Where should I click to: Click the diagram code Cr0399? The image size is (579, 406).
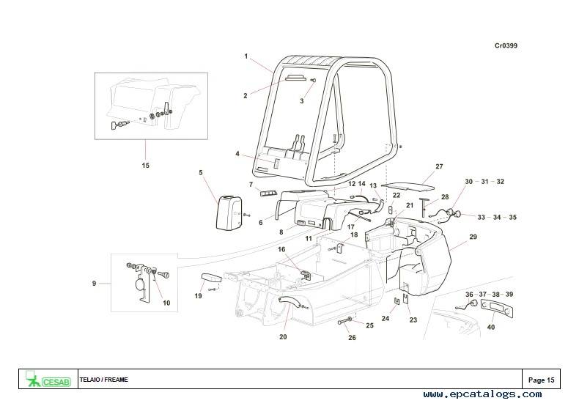506,45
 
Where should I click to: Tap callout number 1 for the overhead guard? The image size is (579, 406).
246,56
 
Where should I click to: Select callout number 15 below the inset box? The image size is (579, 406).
146,166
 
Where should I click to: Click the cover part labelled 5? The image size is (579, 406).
229,213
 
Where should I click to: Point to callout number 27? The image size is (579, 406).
439,166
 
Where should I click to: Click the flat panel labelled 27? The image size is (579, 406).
408,186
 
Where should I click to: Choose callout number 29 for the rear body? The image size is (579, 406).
473,237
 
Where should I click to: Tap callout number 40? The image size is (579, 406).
491,327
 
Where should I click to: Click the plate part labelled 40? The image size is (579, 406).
497,308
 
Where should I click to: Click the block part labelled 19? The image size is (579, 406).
211,278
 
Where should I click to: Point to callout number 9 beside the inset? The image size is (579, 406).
94,284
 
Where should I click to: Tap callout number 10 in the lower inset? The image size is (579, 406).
166,303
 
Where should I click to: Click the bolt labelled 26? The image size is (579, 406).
344,322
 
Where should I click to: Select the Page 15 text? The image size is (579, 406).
542,380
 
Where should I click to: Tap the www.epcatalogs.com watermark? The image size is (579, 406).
483,394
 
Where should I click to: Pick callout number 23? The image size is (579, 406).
413,320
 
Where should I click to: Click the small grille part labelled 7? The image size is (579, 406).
268,193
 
